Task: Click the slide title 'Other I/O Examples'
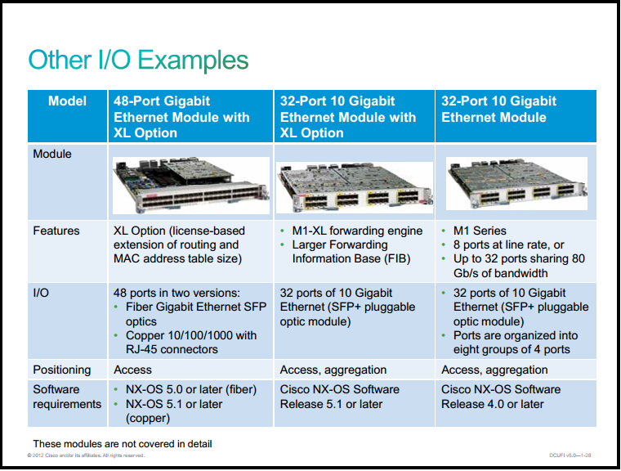point(138,61)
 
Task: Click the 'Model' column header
point(67,101)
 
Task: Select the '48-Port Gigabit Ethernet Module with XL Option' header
point(181,117)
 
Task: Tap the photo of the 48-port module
point(191,185)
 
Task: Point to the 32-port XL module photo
point(354,187)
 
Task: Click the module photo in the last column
point(516,183)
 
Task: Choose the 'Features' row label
point(56,231)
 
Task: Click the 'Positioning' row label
point(62,370)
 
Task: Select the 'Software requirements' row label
point(67,397)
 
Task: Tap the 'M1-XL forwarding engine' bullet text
point(357,231)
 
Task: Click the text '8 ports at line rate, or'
point(508,244)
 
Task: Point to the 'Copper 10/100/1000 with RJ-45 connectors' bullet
point(191,343)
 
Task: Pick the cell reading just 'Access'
point(132,370)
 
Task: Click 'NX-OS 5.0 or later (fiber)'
point(191,389)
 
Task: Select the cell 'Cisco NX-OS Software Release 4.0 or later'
point(501,397)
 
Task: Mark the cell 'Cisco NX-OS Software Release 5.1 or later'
point(339,397)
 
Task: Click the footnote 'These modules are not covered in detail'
point(123,444)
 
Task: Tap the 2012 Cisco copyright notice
point(86,455)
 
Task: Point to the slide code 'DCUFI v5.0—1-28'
point(570,455)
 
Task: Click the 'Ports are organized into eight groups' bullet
point(516,343)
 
